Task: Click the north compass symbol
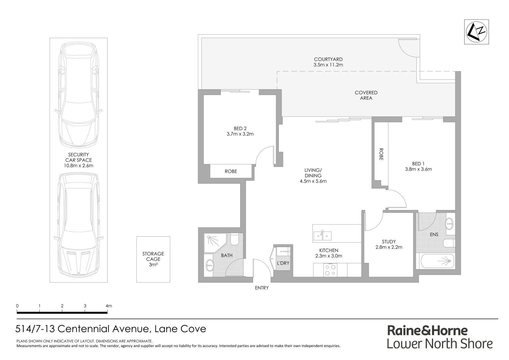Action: coord(477,32)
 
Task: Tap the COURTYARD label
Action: coord(328,59)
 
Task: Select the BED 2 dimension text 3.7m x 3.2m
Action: coord(240,134)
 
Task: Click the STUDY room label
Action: coord(389,242)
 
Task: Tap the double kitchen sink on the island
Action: coord(322,236)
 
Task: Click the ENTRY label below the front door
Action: coord(261,288)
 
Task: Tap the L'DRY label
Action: coord(283,263)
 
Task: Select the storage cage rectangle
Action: coord(153,259)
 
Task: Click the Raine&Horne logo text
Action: coord(427,330)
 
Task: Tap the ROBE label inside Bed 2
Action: coord(231,171)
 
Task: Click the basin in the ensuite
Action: coord(449,223)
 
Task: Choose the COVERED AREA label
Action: coord(366,95)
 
